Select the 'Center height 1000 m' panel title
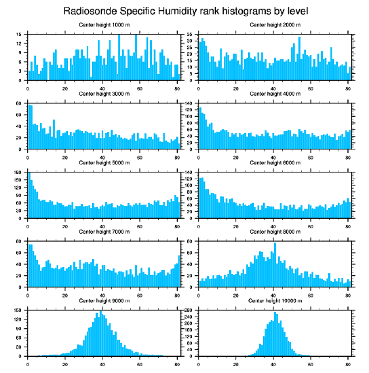104,24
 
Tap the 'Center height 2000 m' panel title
275,24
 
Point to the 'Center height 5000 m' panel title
104,163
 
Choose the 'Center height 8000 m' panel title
275,232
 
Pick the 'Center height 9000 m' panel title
104,301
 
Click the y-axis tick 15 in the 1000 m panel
20,34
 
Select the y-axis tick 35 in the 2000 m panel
190,34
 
